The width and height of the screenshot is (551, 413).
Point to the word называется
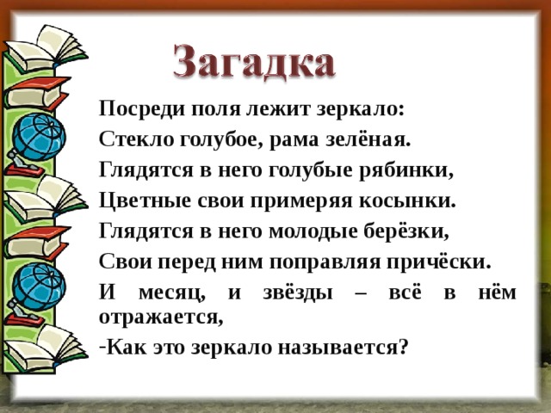(x=344, y=348)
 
